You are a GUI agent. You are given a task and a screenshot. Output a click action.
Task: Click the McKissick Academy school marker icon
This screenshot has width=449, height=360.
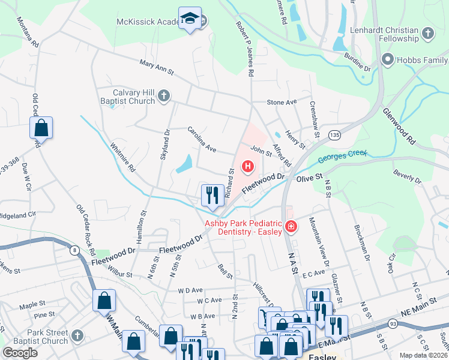[190, 19]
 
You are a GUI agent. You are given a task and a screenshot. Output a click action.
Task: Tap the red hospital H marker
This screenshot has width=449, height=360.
[247, 166]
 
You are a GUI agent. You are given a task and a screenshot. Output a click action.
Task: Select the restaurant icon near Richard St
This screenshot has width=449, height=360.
[212, 195]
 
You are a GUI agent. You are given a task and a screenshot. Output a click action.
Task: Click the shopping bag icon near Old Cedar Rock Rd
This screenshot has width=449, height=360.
[41, 128]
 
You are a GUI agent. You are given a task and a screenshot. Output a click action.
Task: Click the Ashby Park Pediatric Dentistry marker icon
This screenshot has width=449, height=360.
[291, 226]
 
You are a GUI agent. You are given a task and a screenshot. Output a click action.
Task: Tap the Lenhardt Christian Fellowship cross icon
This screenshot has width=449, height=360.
[428, 34]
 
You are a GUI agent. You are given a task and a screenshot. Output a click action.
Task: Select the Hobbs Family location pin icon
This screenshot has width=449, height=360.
[387, 60]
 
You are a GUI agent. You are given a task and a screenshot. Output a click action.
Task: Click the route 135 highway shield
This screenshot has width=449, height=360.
[334, 136]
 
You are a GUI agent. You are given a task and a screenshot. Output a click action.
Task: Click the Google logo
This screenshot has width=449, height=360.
[20, 352]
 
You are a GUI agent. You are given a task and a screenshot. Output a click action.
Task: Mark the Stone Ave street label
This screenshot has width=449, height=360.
[282, 103]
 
